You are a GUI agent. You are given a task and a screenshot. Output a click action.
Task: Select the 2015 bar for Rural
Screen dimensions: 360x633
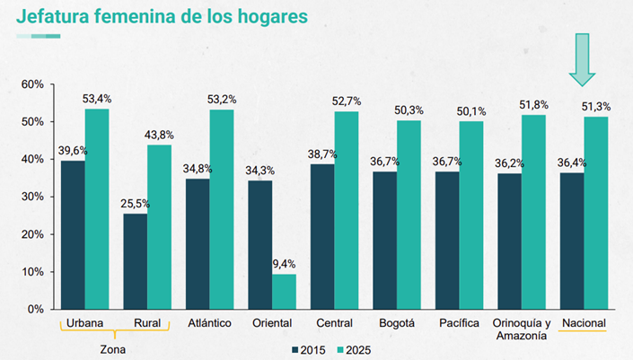click(135, 260)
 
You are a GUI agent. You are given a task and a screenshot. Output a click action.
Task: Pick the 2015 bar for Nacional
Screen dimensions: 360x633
click(571, 241)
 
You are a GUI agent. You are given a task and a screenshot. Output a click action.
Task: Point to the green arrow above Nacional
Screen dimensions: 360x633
click(583, 59)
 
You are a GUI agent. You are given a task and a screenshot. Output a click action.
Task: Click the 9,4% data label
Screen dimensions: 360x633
click(284, 264)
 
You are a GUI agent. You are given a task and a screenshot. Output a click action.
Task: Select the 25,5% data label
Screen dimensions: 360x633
click(135, 204)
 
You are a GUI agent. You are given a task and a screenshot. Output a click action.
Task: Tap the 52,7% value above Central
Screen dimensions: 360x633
click(346, 101)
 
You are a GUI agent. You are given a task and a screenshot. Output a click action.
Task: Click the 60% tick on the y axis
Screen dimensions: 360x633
click(32, 84)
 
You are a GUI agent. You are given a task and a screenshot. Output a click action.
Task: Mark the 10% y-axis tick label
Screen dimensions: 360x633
click(32, 272)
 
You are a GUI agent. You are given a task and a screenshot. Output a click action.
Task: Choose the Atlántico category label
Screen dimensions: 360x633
click(209, 323)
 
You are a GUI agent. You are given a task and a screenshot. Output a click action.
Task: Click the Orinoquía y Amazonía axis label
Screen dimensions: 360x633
click(521, 329)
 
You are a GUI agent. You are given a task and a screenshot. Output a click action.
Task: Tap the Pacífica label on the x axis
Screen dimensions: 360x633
click(459, 323)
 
